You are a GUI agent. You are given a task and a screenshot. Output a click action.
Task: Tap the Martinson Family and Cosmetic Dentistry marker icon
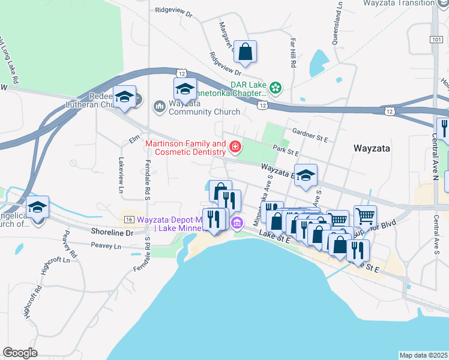pos(235,146)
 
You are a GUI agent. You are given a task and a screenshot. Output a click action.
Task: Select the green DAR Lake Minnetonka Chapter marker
pos(276,89)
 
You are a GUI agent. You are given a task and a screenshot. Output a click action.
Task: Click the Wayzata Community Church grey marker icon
pos(160,106)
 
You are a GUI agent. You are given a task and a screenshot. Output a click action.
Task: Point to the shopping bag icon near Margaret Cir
pos(246,52)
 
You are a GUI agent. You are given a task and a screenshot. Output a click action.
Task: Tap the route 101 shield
pos(436,39)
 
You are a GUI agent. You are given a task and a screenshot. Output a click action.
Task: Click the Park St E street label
pos(285,152)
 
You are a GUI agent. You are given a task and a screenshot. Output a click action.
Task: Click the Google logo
pos(20,353)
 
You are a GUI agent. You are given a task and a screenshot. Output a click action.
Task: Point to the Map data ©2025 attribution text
pos(424,355)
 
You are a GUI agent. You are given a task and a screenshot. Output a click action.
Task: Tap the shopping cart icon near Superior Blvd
pos(365,215)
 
